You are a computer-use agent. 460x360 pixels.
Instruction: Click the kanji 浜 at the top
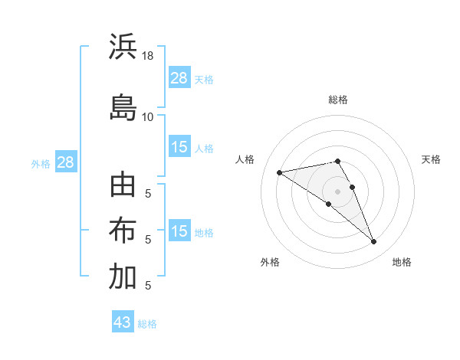[x=123, y=48]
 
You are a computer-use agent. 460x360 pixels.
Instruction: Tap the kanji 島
[x=123, y=107]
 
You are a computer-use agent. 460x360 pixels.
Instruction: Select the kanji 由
[x=123, y=187]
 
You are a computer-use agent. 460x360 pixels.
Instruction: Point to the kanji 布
[x=123, y=231]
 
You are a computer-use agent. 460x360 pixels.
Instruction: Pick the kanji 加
[x=123, y=277]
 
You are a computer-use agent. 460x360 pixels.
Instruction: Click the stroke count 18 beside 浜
[x=149, y=57]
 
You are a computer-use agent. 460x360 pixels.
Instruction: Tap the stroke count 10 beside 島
[x=148, y=116]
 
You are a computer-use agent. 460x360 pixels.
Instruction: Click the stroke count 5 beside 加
[x=147, y=285]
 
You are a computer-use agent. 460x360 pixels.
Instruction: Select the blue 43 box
[x=122, y=322]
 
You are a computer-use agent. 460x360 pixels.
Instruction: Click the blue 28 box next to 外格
[x=64, y=162]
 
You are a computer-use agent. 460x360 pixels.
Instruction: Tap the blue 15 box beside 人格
[x=179, y=147]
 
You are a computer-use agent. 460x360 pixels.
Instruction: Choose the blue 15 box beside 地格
[x=179, y=231]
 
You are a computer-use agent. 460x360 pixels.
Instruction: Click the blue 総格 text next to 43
[x=147, y=324]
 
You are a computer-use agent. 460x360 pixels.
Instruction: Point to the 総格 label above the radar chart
[x=337, y=100]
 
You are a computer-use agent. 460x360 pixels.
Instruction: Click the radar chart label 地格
[x=402, y=262]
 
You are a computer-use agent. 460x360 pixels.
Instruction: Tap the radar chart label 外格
[x=270, y=262]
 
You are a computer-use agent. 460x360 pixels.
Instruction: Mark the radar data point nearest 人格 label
[x=280, y=172]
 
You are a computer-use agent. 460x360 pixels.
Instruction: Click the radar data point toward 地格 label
[x=373, y=242]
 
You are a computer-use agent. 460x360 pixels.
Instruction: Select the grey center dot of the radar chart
[x=337, y=191]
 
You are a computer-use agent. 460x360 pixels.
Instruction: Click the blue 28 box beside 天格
[x=179, y=78]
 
